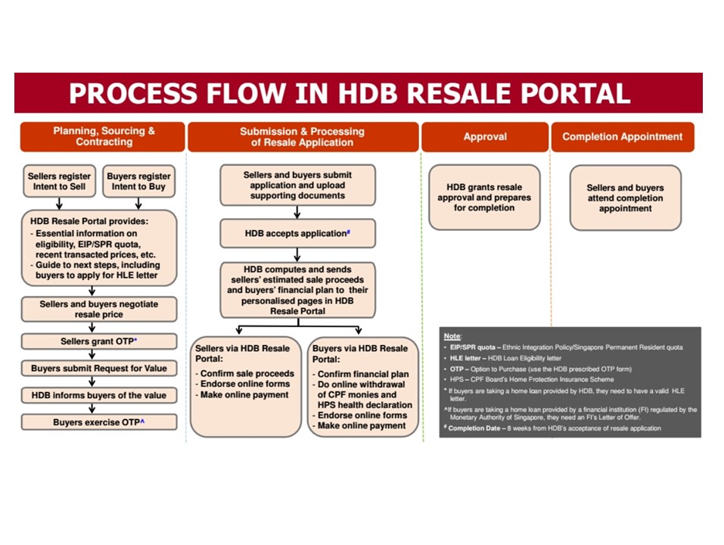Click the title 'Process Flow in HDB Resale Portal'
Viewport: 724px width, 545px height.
pyautogui.click(x=350, y=93)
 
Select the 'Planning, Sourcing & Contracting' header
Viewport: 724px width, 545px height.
pyautogui.click(x=104, y=136)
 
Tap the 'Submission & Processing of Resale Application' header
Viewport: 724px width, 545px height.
pyautogui.click(x=302, y=136)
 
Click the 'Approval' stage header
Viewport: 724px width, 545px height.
pyautogui.click(x=485, y=137)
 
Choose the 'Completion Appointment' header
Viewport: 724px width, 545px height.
pyautogui.click(x=622, y=137)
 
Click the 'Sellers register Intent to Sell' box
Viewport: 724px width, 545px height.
pyautogui.click(x=57, y=181)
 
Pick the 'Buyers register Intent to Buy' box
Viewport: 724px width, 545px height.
pyautogui.click(x=137, y=181)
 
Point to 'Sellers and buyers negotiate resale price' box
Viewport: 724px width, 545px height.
pyautogui.click(x=99, y=307)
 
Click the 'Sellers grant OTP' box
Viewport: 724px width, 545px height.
pyautogui.click(x=99, y=341)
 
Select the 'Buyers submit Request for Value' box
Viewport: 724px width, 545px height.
pyautogui.click(x=99, y=369)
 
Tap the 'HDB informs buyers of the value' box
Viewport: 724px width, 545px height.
pyautogui.click(x=99, y=395)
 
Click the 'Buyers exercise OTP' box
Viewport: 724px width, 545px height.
pyautogui.click(x=99, y=422)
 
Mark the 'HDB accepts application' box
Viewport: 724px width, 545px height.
pyautogui.click(x=297, y=234)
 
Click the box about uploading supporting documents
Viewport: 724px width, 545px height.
pyautogui.click(x=297, y=185)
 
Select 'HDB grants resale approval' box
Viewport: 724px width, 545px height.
pyautogui.click(x=484, y=198)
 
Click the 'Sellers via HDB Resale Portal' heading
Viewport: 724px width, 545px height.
pyautogui.click(x=243, y=353)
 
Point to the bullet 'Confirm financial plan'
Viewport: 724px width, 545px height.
pyautogui.click(x=363, y=374)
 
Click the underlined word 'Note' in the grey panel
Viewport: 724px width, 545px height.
pyautogui.click(x=452, y=335)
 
